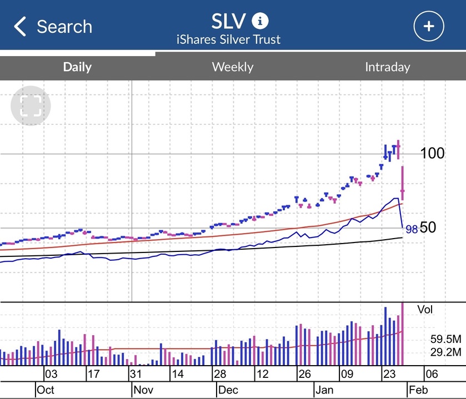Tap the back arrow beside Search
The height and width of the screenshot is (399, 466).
[x=20, y=26]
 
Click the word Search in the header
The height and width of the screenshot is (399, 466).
[x=64, y=26]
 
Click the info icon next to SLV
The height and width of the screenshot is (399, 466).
[x=260, y=21]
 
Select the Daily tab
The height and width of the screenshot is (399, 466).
[x=77, y=67]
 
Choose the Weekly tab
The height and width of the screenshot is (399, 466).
[x=232, y=67]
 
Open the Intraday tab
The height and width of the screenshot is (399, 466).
[x=387, y=67]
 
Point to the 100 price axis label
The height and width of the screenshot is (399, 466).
[x=432, y=153]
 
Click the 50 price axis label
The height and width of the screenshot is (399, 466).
[x=429, y=227]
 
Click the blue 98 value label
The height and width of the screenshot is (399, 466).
[x=412, y=229]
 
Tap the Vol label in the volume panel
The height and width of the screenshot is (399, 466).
[x=425, y=309]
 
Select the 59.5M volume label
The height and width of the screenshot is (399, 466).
[x=446, y=339]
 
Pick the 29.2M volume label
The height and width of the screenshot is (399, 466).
[x=446, y=351]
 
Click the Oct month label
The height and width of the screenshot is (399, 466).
[x=45, y=390]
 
